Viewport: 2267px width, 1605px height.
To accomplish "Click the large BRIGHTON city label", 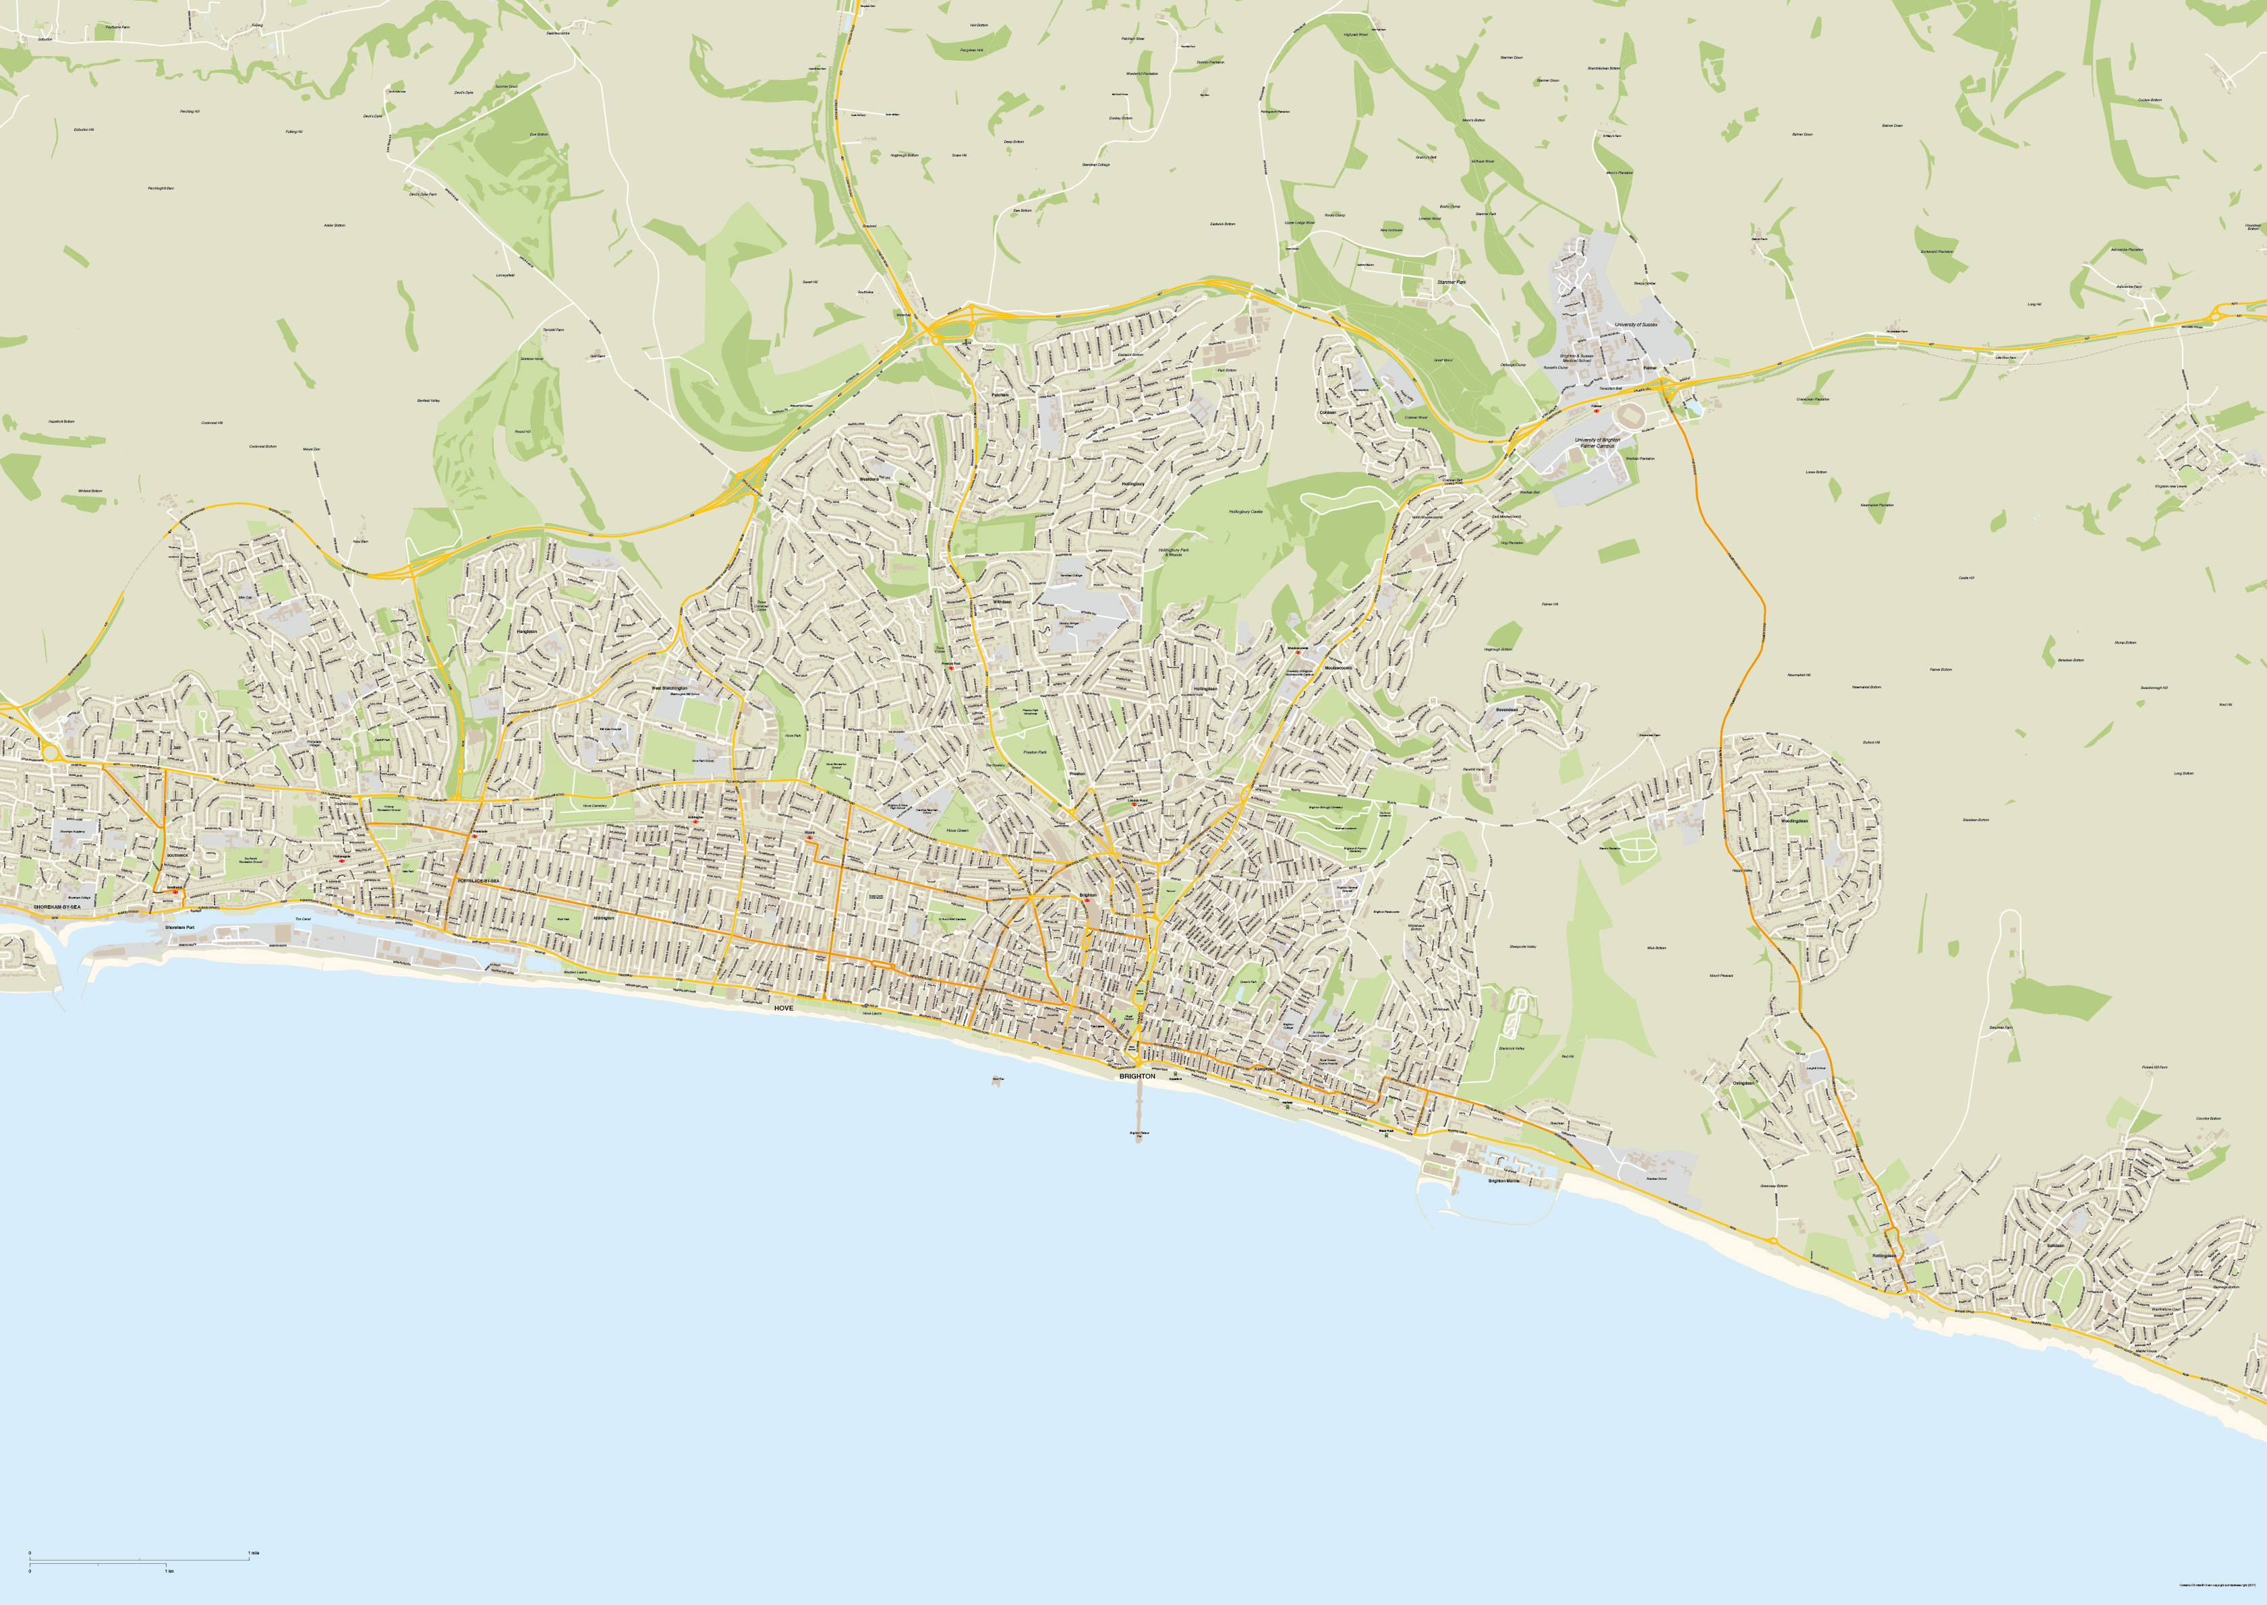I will tap(1137, 1077).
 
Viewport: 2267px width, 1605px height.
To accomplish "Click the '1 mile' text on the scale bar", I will tap(254, 1554).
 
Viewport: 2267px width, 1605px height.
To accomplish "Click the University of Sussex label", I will tap(1635, 324).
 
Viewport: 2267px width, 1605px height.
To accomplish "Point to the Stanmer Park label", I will tap(1450, 282).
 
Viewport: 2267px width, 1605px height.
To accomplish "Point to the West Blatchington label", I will tap(668, 688).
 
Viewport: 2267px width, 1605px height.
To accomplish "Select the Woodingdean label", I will tap(1794, 821).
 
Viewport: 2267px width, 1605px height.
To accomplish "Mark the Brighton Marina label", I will tap(1503, 1181).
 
